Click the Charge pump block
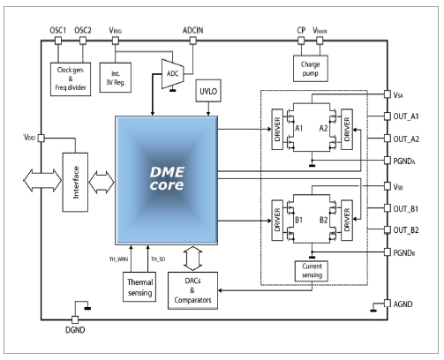pyautogui.click(x=311, y=69)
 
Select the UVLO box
pyautogui.click(x=208, y=91)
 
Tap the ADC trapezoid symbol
pyautogui.click(x=173, y=74)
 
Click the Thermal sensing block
pyautogui.click(x=139, y=287)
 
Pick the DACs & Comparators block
pyautogui.click(x=192, y=290)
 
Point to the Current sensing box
pyautogui.click(x=312, y=271)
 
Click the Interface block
pyautogui.click(x=75, y=182)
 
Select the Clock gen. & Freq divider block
pyautogui.click(x=71, y=79)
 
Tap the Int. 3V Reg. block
pyautogui.click(x=116, y=78)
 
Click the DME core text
pyautogui.click(x=167, y=178)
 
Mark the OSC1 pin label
pyautogui.click(x=57, y=30)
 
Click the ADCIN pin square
pyautogui.click(x=192, y=41)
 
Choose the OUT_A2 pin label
pyautogui.click(x=406, y=139)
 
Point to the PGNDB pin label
pyautogui.click(x=404, y=253)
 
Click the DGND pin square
pyautogui.click(x=75, y=319)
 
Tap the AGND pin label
pyautogui.click(x=403, y=304)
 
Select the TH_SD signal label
pyautogui.click(x=158, y=259)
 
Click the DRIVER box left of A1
pyautogui.click(x=277, y=129)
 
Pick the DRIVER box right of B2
pyautogui.click(x=347, y=221)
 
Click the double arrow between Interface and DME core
pyautogui.click(x=102, y=183)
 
